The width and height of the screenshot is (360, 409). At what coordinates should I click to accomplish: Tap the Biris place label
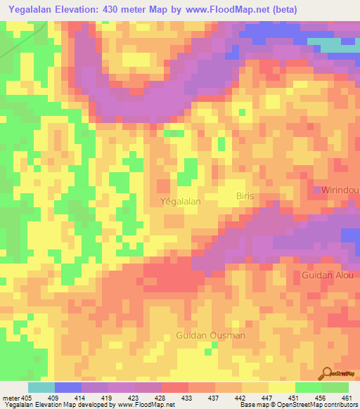point(245,196)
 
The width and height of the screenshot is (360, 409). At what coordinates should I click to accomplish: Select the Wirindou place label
point(341,190)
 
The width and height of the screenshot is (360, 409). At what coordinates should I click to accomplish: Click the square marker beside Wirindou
point(316,190)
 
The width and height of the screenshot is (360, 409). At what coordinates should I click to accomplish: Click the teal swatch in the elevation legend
point(41,387)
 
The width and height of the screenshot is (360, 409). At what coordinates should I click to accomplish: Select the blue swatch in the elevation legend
point(68,387)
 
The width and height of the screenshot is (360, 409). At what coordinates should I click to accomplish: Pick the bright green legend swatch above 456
point(309,387)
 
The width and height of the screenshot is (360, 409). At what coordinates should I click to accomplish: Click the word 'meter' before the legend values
point(11,398)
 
